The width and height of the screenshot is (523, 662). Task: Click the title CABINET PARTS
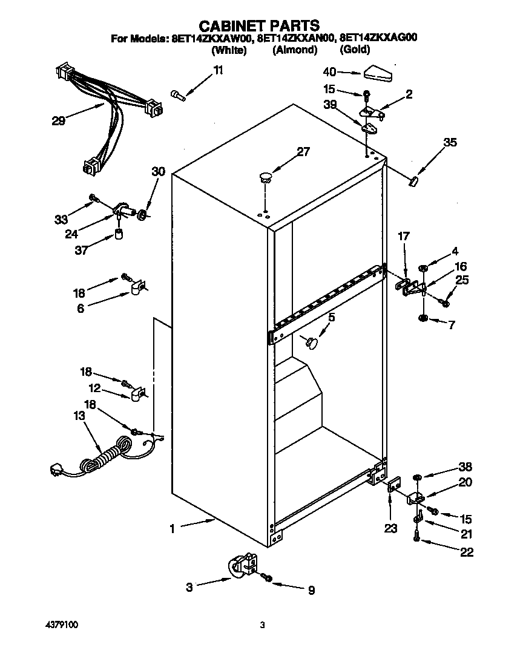(x=260, y=25)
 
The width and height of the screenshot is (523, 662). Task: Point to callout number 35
(x=450, y=143)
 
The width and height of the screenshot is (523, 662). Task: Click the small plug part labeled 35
(x=415, y=180)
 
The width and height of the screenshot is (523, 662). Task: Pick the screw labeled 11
(x=177, y=95)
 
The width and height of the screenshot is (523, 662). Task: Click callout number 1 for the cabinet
(x=173, y=528)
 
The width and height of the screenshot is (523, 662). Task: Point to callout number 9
(x=311, y=591)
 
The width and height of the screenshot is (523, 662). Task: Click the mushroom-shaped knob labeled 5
(x=313, y=343)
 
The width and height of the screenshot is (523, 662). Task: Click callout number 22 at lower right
(x=466, y=552)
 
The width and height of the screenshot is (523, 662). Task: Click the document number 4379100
(x=65, y=624)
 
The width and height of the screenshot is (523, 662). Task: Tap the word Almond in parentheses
(x=295, y=50)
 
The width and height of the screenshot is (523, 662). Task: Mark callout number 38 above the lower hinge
(x=465, y=467)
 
